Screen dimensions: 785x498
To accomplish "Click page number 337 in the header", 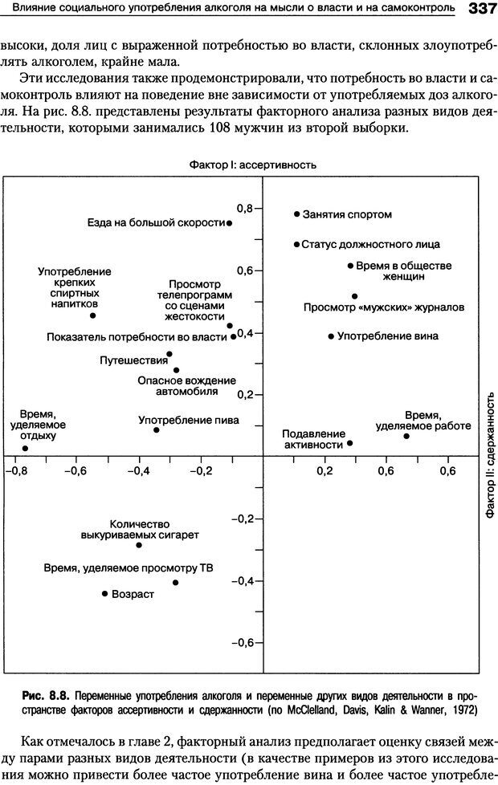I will click(478, 9).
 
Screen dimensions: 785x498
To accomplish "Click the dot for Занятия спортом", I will click(296, 214).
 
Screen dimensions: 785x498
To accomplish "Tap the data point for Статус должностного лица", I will click(296, 244).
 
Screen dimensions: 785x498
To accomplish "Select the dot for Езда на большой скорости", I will click(230, 223).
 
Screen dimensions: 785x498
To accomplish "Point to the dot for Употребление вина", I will click(331, 336).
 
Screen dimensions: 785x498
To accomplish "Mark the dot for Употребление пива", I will click(156, 430).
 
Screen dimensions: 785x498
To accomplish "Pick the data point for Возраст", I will click(104, 593).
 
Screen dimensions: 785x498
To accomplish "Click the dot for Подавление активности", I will click(349, 443).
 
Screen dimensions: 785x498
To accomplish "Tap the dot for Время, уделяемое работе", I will click(406, 436).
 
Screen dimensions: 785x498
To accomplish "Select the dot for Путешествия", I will click(169, 354).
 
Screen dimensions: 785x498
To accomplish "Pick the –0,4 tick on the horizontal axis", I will click(139, 471).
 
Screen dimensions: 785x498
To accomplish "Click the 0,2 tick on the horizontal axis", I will click(325, 471).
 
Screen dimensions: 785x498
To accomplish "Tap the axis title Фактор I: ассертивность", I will click(251, 165).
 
